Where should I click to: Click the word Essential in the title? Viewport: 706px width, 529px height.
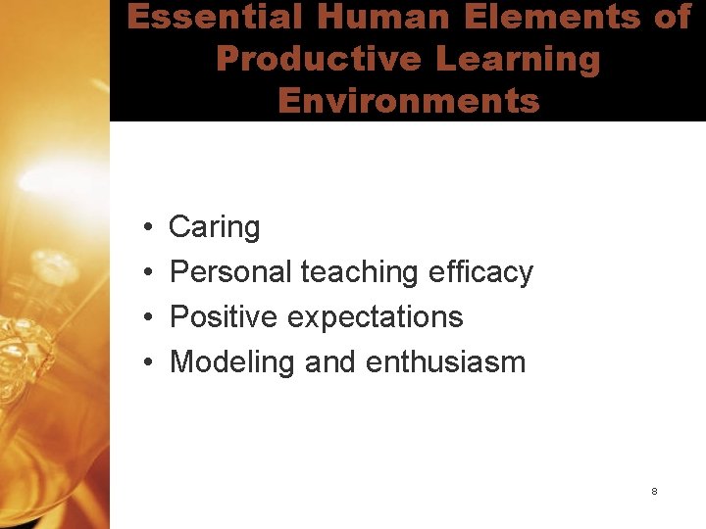(x=201, y=18)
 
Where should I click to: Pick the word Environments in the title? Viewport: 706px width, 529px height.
(x=408, y=100)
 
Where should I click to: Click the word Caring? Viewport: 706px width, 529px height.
(x=215, y=227)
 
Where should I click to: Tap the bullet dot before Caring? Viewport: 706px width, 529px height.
(x=145, y=228)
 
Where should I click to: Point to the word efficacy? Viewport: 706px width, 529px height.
(x=480, y=271)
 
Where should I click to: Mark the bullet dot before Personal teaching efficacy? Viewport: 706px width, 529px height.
(x=145, y=272)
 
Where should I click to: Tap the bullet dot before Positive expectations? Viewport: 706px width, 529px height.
(x=145, y=317)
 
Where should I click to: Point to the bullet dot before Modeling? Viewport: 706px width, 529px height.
(x=145, y=362)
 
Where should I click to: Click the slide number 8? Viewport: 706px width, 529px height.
(x=654, y=491)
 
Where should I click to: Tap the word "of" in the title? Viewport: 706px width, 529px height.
(x=672, y=18)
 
